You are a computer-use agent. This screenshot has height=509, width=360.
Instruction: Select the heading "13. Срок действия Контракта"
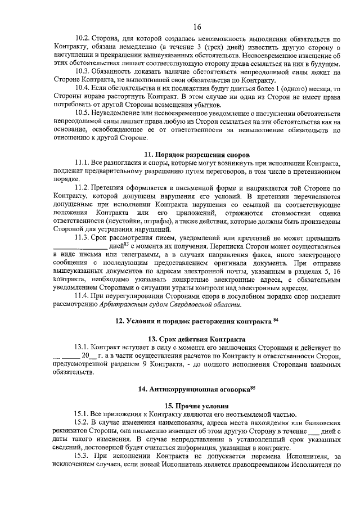coord(197,340)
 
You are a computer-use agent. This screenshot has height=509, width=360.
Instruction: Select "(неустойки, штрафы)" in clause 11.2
coord(102,222)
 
